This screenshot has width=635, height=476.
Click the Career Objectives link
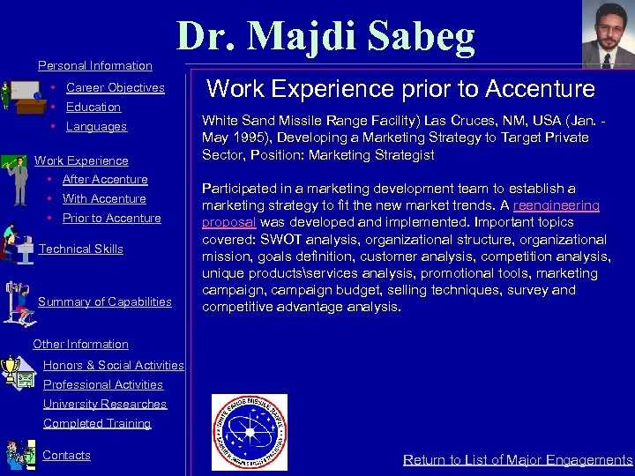pos(115,87)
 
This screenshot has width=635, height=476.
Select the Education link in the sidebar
pos(93,107)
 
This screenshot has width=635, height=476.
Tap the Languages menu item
pos(96,126)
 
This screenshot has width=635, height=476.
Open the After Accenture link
pos(105,179)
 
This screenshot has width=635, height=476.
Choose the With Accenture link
pos(104,198)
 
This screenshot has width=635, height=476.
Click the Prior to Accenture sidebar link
pos(111,218)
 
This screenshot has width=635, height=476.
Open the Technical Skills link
pos(81,249)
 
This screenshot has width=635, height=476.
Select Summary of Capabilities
pos(105,301)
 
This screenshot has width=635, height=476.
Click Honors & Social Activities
pos(113,365)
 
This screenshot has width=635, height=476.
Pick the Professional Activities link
pos(103,384)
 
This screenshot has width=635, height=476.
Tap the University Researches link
pos(105,404)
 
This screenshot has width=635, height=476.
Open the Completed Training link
pos(97,423)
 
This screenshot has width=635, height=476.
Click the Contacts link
pos(66,455)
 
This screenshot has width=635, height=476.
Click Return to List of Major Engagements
pos(518,459)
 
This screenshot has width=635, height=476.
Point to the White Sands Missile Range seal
pos(250,432)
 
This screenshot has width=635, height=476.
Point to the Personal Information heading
pos(95,65)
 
